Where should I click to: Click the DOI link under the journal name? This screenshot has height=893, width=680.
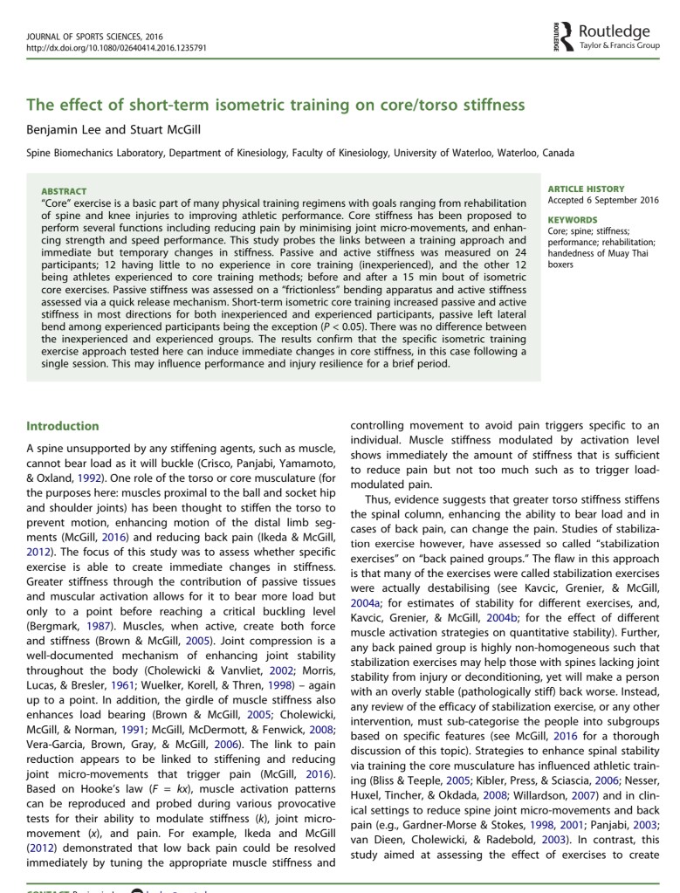pyautogui.click(x=117, y=48)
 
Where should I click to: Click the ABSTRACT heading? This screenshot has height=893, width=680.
pyautogui.click(x=64, y=191)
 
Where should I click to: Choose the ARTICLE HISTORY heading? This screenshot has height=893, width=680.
pyautogui.click(x=586, y=189)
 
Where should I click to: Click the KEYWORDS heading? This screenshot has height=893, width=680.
pyautogui.click(x=573, y=220)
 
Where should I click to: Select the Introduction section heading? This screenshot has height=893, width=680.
pyautogui.click(x=63, y=426)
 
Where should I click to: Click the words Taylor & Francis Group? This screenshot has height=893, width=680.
pyautogui.click(x=619, y=44)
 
